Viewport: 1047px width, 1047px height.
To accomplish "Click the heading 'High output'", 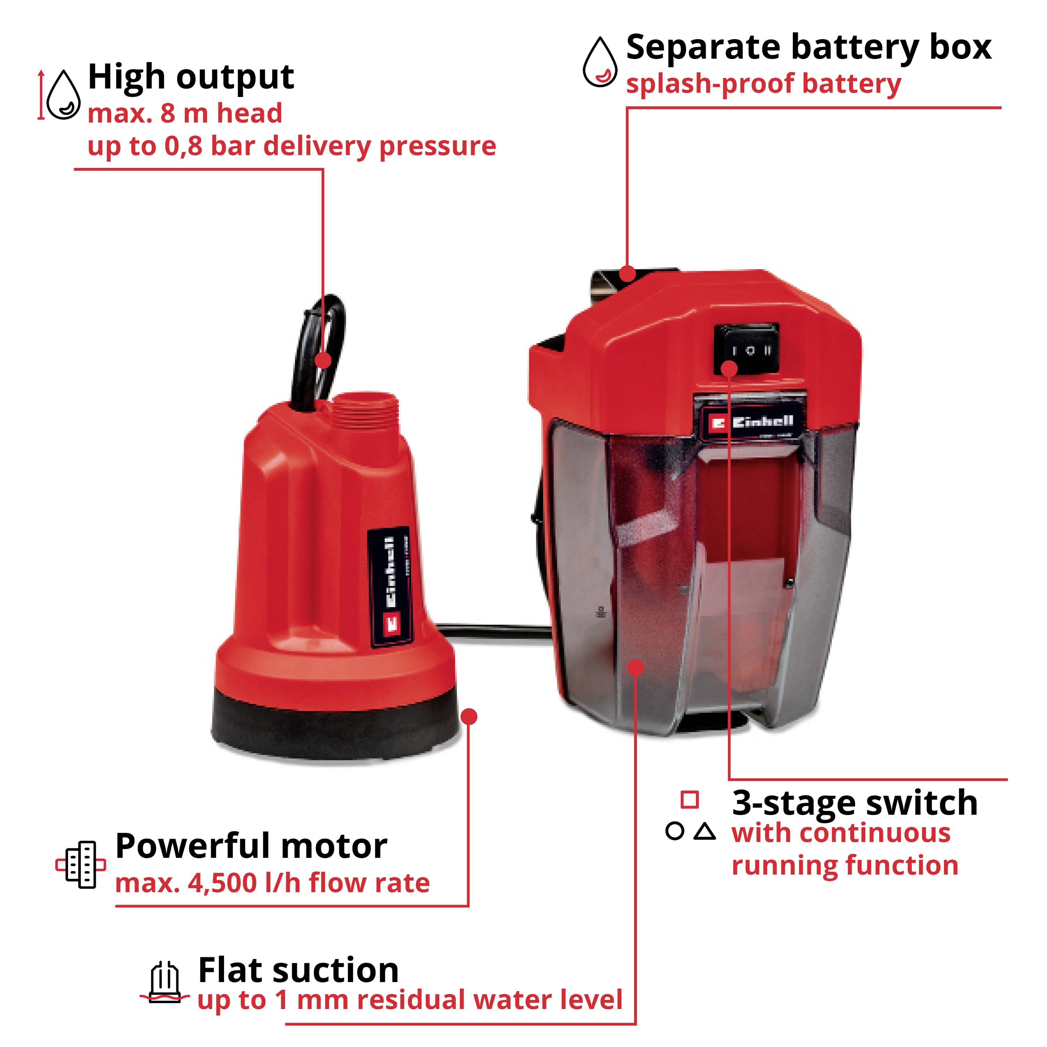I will tap(191, 77).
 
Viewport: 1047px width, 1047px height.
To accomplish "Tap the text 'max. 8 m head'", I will tap(185, 114).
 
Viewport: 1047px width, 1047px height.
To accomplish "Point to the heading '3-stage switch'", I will tap(855, 803).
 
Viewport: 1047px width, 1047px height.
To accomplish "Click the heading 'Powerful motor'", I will tap(251, 846).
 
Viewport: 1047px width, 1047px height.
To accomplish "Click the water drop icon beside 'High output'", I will tap(64, 95).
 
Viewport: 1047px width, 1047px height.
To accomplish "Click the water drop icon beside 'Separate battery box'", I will tap(599, 62).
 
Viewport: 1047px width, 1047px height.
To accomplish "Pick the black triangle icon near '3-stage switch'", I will tap(705, 832).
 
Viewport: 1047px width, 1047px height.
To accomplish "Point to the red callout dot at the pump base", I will tap(470, 717).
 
